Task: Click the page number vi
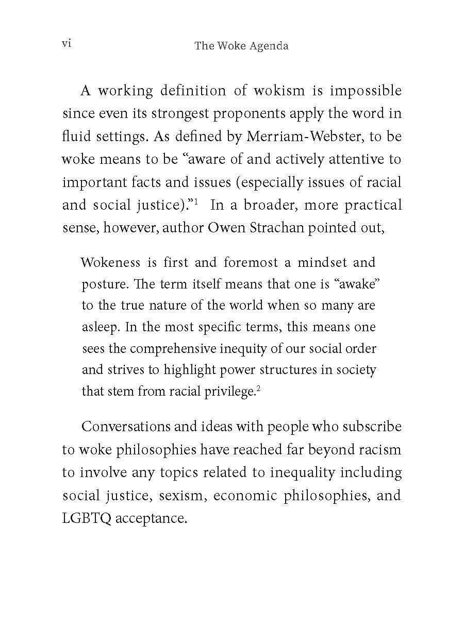(x=66, y=44)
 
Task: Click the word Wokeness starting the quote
(x=110, y=262)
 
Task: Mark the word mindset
(x=321, y=262)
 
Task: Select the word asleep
(x=101, y=327)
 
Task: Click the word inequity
(x=238, y=349)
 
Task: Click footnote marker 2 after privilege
(x=258, y=388)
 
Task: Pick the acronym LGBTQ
(x=87, y=518)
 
